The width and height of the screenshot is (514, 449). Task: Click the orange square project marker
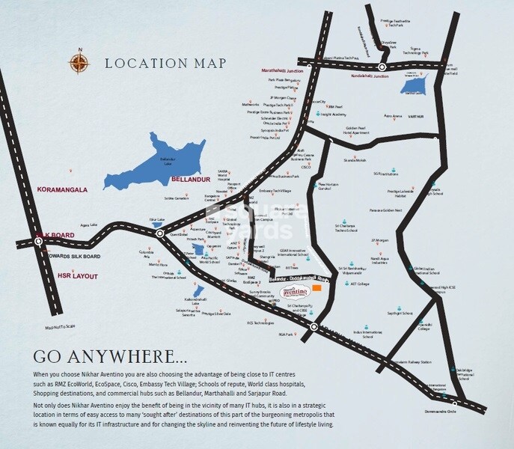coord(318,287)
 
